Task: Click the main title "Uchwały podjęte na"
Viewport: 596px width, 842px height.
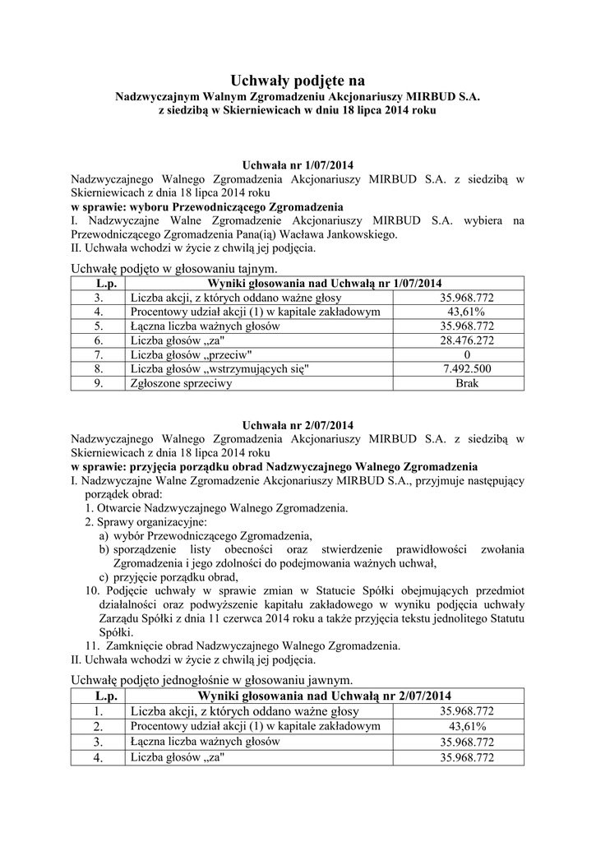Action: click(298, 80)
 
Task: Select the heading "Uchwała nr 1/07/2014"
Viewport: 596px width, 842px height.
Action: click(297, 164)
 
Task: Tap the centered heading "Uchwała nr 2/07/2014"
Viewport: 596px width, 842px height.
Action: click(297, 425)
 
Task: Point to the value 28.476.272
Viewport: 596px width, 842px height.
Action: click(466, 340)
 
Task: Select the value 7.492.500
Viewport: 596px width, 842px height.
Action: click(466, 368)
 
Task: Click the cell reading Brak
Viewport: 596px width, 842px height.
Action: click(466, 383)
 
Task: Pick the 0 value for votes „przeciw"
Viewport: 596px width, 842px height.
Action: click(466, 354)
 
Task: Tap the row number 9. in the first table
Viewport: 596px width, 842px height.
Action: click(98, 383)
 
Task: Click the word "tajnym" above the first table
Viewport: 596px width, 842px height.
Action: click(256, 269)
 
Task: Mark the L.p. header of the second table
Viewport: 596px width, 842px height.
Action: click(98, 696)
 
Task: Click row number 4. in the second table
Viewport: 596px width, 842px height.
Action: click(98, 758)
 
